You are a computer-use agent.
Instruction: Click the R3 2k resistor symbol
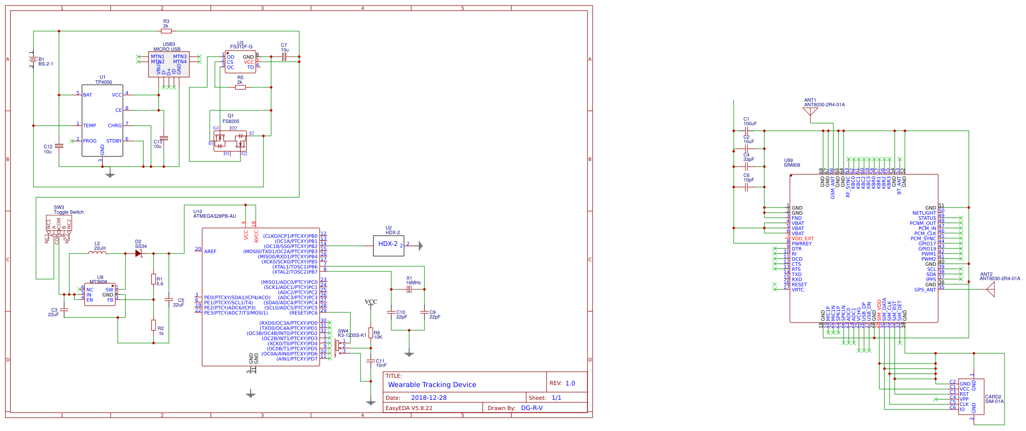click(x=166, y=31)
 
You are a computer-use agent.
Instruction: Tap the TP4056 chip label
click(x=103, y=82)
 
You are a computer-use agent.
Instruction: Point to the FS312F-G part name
click(x=241, y=47)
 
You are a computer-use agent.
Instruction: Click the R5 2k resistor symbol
click(x=240, y=87)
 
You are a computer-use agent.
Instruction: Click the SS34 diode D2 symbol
click(x=139, y=253)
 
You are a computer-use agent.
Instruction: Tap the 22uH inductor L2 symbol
click(x=97, y=253)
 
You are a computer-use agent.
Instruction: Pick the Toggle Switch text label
click(x=69, y=212)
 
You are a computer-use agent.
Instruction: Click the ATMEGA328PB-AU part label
click(x=215, y=216)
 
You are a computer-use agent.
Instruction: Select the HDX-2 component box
click(x=389, y=245)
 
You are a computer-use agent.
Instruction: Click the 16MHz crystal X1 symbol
click(x=409, y=289)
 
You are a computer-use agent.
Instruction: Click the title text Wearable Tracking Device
click(x=432, y=384)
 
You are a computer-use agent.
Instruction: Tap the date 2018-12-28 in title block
click(x=428, y=397)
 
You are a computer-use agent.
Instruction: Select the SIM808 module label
click(x=792, y=165)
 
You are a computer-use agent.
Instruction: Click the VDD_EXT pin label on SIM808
click(x=803, y=239)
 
